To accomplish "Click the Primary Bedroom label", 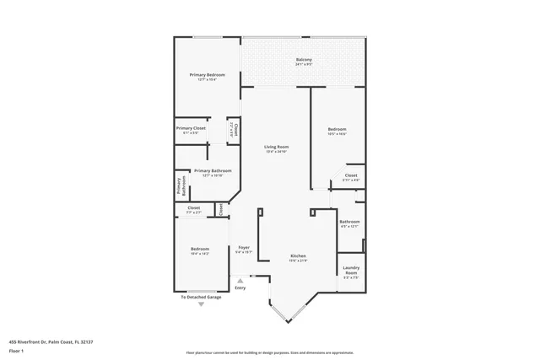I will (x=206, y=75).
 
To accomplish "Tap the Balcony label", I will (x=304, y=60).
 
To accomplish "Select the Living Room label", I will (x=277, y=148).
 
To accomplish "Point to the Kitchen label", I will (x=298, y=255).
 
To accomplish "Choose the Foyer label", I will (x=243, y=248).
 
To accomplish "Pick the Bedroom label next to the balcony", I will (x=337, y=130).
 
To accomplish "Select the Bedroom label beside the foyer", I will (x=199, y=249).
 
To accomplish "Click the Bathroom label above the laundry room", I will (x=349, y=222).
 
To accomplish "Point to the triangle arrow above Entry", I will (x=240, y=279).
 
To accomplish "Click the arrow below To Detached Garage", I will (x=201, y=305).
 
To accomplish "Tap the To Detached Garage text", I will (x=201, y=298).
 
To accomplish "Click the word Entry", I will (x=240, y=287).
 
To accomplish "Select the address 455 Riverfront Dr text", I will (x=51, y=341).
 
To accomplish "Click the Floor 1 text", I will (x=16, y=350).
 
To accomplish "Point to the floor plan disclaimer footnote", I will (x=269, y=352).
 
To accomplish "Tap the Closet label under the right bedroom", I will (x=351, y=176).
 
